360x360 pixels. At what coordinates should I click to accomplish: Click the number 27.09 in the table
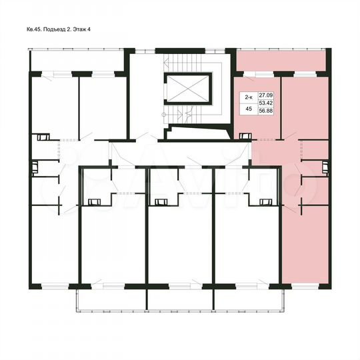265,97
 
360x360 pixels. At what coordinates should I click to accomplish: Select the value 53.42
265,104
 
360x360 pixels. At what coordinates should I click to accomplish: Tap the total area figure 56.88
265,112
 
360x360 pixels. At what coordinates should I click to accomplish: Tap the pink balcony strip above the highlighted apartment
280,63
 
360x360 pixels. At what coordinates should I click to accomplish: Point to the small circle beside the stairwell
163,115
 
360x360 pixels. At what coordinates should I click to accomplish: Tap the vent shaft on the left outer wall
31,166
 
